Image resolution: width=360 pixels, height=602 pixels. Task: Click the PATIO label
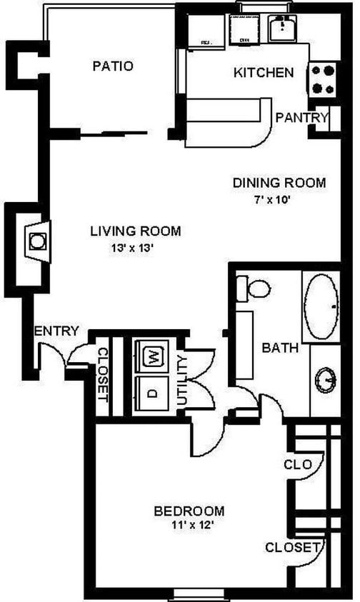[113, 66]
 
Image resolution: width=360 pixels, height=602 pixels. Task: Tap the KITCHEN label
[264, 72]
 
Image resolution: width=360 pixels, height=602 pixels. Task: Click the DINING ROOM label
[279, 183]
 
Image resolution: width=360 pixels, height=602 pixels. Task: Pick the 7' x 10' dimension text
[279, 200]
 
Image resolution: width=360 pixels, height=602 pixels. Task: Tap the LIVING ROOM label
[135, 231]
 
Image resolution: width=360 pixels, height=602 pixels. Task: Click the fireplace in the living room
[36, 240]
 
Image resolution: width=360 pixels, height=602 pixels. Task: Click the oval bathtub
[325, 306]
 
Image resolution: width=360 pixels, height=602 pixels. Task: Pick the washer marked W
[152, 356]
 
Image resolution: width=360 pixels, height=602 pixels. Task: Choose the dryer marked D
[151, 393]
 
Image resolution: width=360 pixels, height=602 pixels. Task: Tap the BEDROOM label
[189, 511]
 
